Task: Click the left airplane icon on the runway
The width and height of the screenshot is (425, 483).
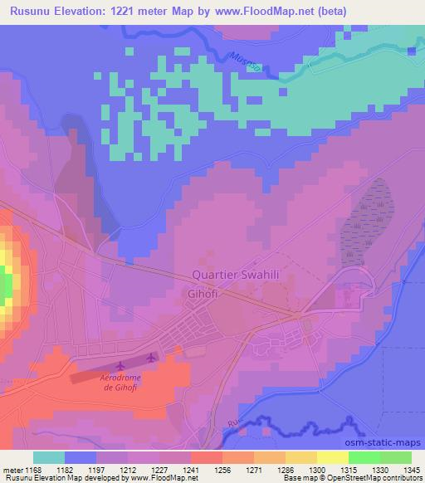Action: coord(121,364)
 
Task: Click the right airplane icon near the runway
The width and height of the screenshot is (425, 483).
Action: coord(150,358)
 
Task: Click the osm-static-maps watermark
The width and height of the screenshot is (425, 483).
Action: coord(386,442)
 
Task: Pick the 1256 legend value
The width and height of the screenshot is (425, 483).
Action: coord(222,469)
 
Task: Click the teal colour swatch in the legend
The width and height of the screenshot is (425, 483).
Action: coord(49,457)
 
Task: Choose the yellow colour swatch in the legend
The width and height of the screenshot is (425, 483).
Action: coord(332,457)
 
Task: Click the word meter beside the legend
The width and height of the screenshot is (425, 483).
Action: coord(12,469)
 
